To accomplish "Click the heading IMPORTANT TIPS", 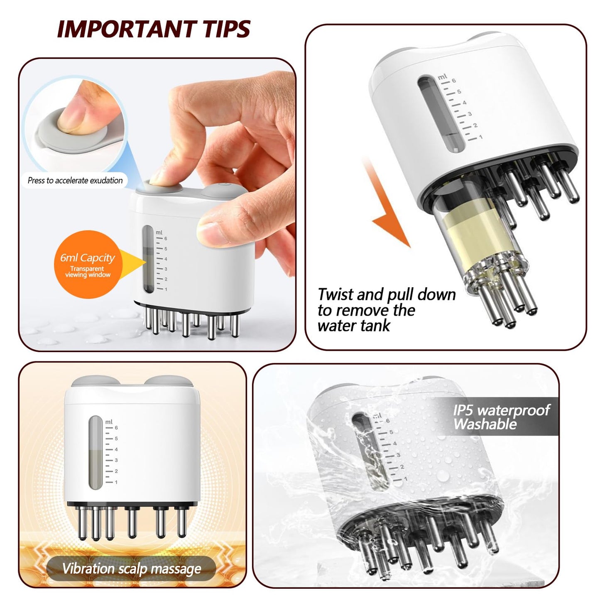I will [x=154, y=29].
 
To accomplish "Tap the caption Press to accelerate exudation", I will [x=75, y=181].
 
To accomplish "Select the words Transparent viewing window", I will [x=88, y=272].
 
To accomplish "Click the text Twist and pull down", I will [x=387, y=295].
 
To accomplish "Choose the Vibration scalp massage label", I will [x=132, y=568].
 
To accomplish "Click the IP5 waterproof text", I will [x=501, y=410].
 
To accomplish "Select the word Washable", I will [x=485, y=424].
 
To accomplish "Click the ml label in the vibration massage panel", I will [x=109, y=422].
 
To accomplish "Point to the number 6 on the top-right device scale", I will [x=454, y=81].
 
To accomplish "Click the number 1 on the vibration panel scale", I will [x=116, y=482].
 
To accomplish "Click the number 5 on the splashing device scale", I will [x=391, y=432].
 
